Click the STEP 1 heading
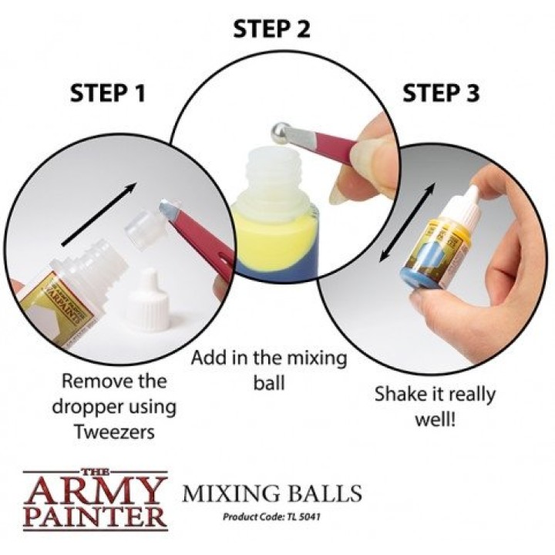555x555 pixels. click(108, 93)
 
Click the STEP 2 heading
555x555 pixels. click(271, 29)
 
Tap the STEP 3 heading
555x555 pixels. click(441, 93)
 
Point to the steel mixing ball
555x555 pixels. click(281, 133)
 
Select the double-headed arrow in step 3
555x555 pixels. click(407, 223)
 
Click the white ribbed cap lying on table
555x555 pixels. click(151, 300)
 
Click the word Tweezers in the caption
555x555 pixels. click(115, 432)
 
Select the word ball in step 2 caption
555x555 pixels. click(269, 383)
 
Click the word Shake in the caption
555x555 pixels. click(395, 394)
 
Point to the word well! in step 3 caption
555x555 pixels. click(435, 420)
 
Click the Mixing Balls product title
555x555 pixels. click(272, 493)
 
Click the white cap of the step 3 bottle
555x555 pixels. click(466, 202)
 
